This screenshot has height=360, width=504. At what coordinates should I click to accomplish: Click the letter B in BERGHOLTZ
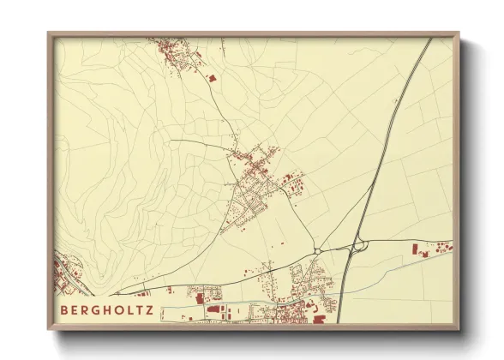(64, 309)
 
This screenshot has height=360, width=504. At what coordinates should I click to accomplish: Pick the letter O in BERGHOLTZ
(120, 309)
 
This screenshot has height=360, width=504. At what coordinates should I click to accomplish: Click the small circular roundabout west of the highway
(317, 250)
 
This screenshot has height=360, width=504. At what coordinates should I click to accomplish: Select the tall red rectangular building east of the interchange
(415, 249)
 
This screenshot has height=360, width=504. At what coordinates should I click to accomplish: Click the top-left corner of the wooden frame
(49, 34)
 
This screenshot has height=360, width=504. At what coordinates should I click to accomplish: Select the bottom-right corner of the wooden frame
(458, 330)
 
